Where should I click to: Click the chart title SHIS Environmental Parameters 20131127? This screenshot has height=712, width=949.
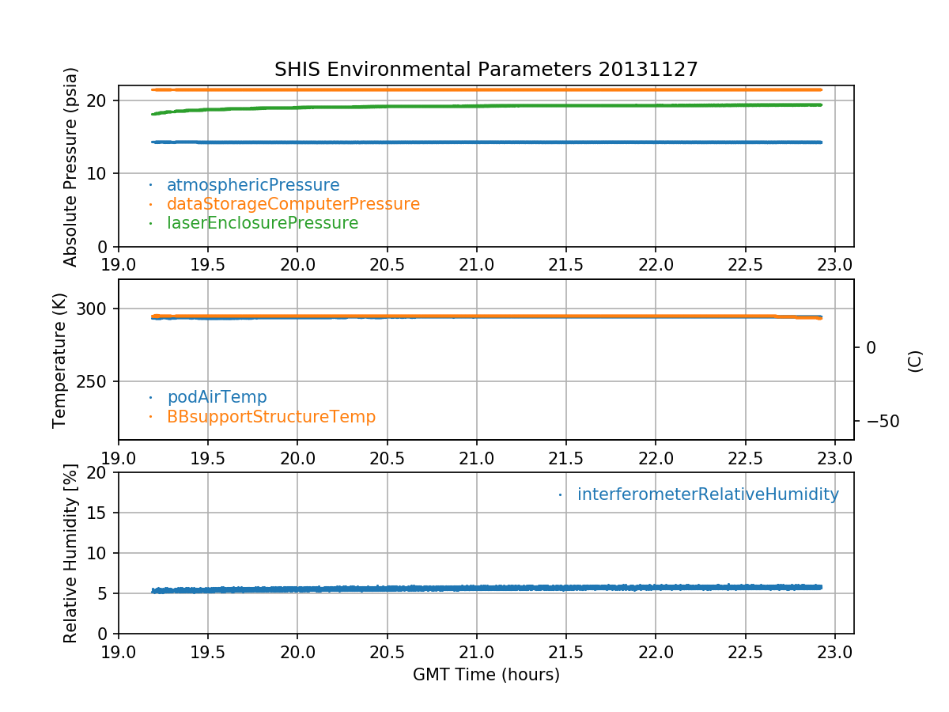coord(486,70)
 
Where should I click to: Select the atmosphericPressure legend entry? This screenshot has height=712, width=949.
coord(252,185)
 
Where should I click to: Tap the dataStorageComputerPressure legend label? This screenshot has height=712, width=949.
coord(293,204)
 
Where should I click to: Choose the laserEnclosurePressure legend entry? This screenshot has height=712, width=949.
coord(262,223)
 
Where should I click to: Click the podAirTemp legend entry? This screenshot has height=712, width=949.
coord(217,397)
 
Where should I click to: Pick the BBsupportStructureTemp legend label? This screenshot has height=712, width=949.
coord(270,416)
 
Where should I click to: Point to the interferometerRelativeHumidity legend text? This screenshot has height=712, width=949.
coord(707,494)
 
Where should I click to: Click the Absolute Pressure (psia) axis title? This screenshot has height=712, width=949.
coord(71,166)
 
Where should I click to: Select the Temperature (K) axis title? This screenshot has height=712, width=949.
coord(60,360)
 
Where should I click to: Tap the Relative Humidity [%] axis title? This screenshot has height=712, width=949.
coord(71,553)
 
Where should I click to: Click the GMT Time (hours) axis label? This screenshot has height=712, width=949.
coord(486,675)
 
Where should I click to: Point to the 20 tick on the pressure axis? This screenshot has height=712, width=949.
coord(101,100)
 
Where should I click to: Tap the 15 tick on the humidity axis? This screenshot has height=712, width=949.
coord(101,513)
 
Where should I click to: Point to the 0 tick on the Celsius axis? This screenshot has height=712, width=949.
coord(871,347)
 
